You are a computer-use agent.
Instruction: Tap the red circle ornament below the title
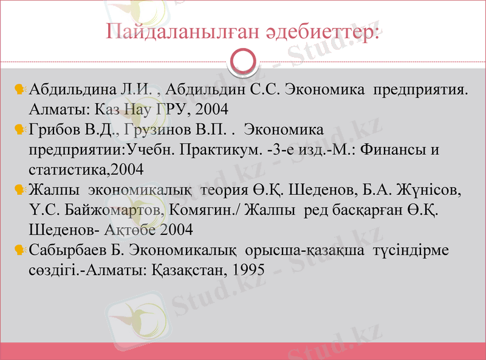[243, 61]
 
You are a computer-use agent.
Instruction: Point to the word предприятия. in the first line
[420, 90]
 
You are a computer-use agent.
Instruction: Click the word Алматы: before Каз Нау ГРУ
[55, 110]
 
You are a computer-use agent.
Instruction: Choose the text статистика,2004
[86, 169]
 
